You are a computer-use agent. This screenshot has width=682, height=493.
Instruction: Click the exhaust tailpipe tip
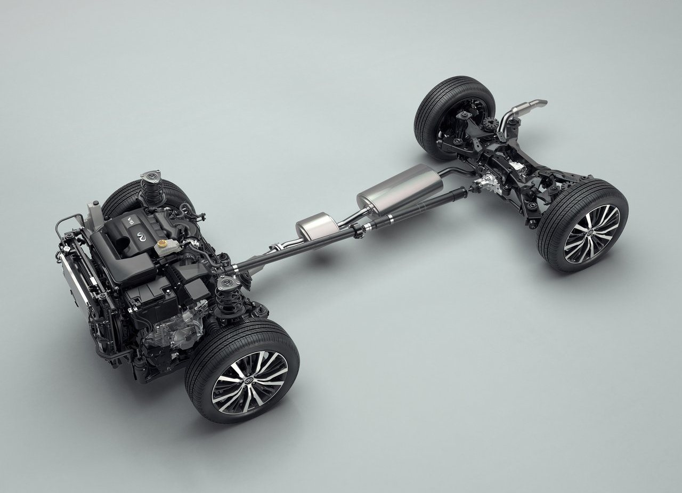pos(538,102)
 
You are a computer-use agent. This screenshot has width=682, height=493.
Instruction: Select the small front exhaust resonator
pos(317,225)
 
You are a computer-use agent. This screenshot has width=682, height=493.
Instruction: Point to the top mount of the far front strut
pos(150,176)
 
